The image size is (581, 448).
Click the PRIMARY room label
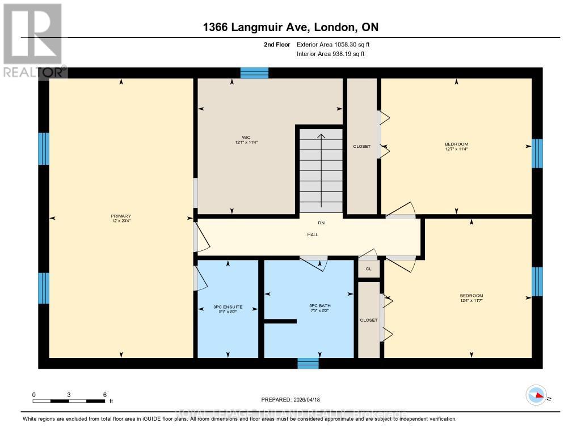[x=121, y=216]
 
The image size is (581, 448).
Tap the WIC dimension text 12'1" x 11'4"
[x=246, y=142]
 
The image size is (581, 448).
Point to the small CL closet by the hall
[x=368, y=269]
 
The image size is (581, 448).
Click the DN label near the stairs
[x=321, y=223]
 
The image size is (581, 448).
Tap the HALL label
[x=312, y=234]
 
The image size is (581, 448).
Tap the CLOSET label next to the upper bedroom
[x=362, y=146]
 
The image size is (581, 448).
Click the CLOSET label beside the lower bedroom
[x=369, y=320]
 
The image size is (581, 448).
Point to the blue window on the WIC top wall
[x=254, y=72]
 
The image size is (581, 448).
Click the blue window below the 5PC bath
[x=308, y=364]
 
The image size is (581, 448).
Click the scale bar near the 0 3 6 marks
[x=69, y=401]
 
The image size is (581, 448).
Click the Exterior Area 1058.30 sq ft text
[x=333, y=44]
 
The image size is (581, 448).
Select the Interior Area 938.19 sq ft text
[x=330, y=54]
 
